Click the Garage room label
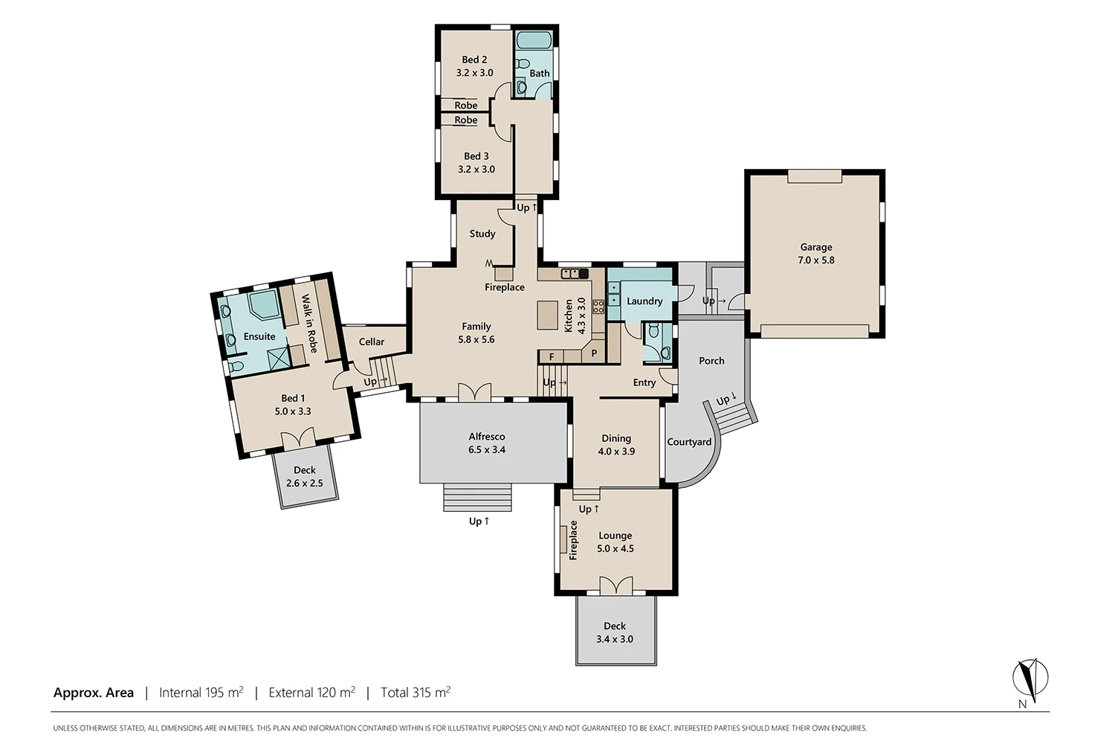pos(816,247)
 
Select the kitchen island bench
pos(548,315)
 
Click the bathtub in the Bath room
pos(534,40)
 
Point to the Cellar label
pos(372,342)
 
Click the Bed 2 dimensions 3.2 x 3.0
pos(474,73)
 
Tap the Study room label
pos(482,234)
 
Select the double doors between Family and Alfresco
pos(474,393)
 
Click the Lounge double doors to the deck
pos(615,586)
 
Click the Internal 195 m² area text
pos(201,693)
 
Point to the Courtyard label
pos(689,442)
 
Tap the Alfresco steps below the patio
pos(477,498)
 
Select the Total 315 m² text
pos(416,693)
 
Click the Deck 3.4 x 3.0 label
pos(615,632)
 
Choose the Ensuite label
pos(259,336)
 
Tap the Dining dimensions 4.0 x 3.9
pos(616,452)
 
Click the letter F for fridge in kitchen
pos(552,357)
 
